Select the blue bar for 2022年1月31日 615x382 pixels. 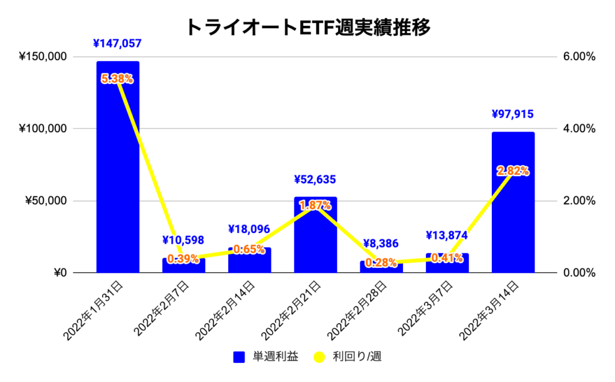tap(118, 180)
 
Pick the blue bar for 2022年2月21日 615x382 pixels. tap(315, 240)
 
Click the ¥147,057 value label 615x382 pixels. tap(118, 43)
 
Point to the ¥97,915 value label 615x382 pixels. tap(513, 114)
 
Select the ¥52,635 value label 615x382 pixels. tap(315, 179)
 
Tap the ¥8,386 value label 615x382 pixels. tap(381, 244)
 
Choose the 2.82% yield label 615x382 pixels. tap(513, 171)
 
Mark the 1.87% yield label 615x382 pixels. tap(315, 205)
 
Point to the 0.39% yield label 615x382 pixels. tap(183, 259)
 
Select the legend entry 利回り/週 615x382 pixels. tap(348, 357)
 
